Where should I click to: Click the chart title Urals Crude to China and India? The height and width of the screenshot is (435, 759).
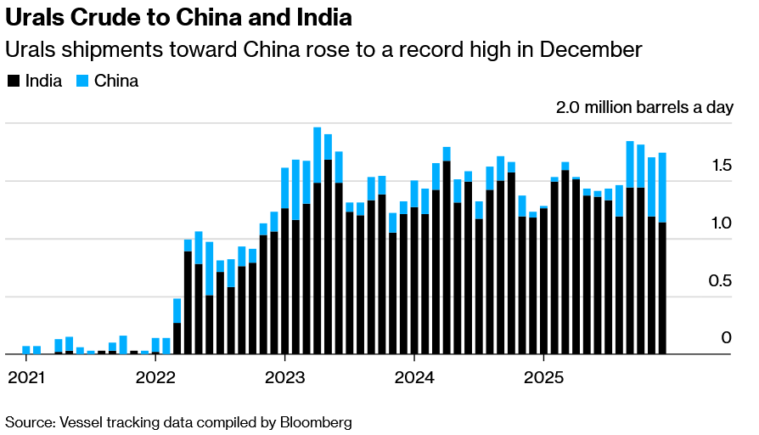[x=178, y=17]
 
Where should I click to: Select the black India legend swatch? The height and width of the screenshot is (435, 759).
[x=13, y=82]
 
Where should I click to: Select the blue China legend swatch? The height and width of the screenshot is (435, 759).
[x=82, y=82]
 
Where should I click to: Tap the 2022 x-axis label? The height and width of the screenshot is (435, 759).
[x=155, y=376]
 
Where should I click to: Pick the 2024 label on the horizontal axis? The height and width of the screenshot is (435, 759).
[x=415, y=376]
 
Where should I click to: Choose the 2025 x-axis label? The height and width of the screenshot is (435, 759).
[x=545, y=376]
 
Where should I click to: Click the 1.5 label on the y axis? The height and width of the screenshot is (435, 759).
[x=721, y=166]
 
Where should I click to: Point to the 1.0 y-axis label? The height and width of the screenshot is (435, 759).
[x=721, y=223]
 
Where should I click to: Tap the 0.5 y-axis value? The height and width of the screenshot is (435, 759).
[x=721, y=281]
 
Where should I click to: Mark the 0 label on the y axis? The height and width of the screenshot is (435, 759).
[x=726, y=338]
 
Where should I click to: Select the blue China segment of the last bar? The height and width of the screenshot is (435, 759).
[x=662, y=187]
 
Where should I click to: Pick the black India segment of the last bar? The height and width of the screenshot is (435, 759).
[x=662, y=289]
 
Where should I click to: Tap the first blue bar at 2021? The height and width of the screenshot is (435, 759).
[x=26, y=349]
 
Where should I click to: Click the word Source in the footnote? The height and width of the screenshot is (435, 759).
[x=26, y=421]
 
